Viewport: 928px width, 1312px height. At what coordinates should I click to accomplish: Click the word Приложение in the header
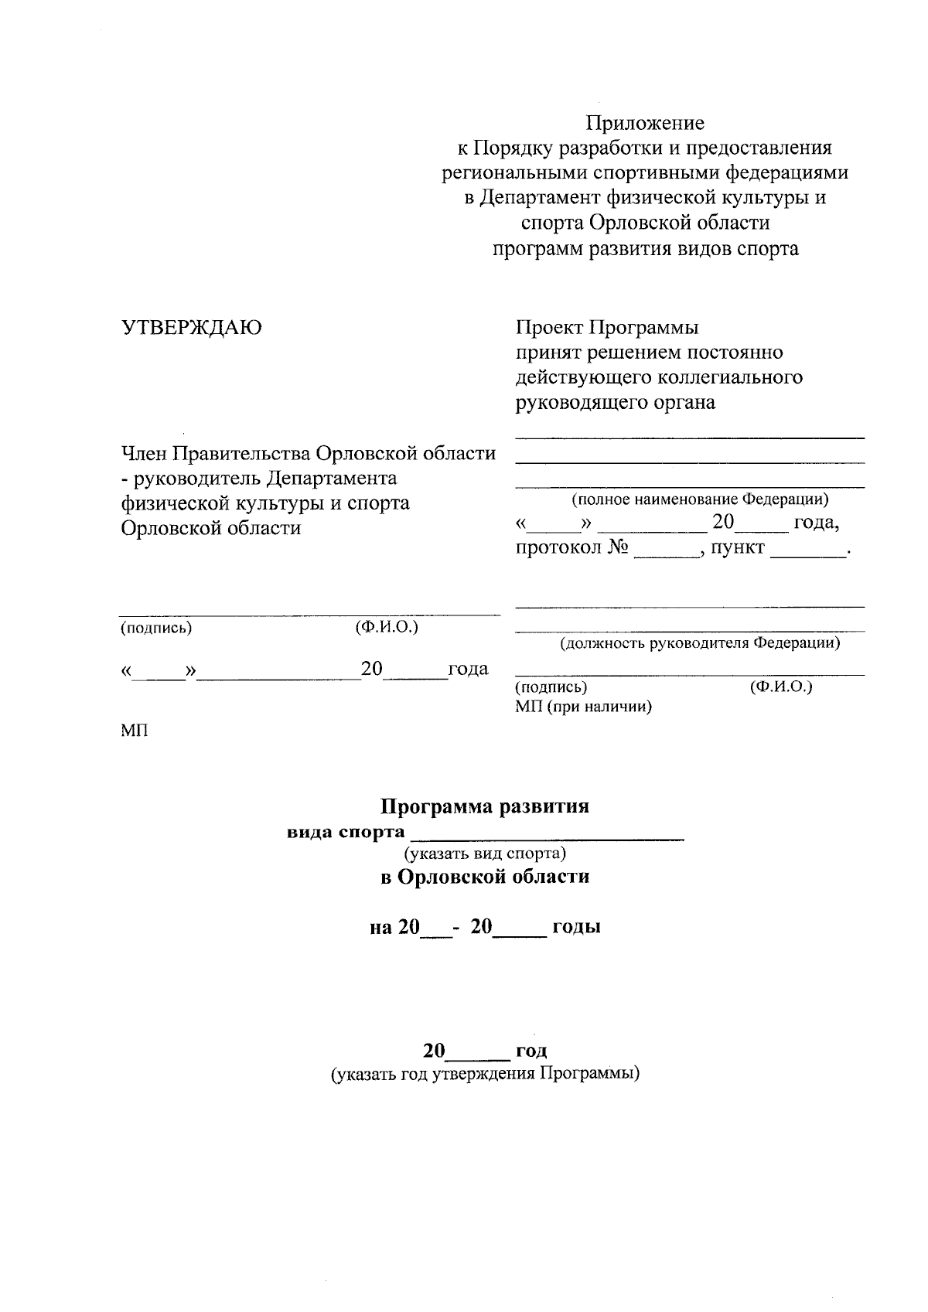point(645,123)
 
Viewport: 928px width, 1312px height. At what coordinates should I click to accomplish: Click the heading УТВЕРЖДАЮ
point(192,328)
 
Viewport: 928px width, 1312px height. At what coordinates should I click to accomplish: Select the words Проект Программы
point(607,328)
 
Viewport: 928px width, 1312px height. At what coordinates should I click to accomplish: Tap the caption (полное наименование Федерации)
point(700,499)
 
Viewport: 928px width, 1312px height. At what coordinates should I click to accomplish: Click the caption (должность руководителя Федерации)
point(700,642)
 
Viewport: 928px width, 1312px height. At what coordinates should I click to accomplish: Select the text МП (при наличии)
point(583,707)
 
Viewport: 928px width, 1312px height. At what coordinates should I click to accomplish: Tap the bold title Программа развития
point(485,806)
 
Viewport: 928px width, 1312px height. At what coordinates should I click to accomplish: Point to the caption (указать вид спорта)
point(485,854)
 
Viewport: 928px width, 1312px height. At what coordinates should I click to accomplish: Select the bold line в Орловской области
point(485,877)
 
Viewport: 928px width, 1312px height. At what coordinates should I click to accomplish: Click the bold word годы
point(575,927)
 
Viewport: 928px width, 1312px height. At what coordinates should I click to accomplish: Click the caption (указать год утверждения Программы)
point(485,1075)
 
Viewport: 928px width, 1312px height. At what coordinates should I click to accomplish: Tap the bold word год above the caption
point(531,1051)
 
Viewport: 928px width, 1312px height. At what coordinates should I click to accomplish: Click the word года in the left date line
point(468,669)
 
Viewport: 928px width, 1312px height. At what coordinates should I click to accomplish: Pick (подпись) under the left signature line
point(155,628)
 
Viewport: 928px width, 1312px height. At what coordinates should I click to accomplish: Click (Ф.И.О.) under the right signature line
point(781,687)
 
